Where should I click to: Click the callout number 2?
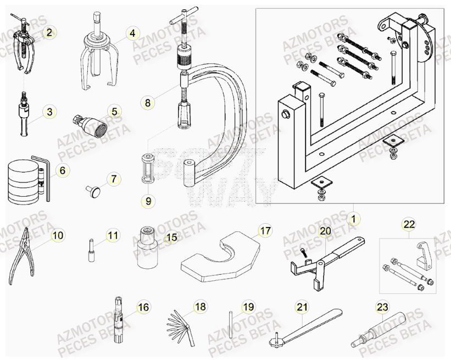pyautogui.click(x=49, y=32)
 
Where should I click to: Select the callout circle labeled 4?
pyautogui.click(x=132, y=34)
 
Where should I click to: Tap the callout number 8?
pyautogui.click(x=147, y=102)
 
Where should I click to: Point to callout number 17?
pyautogui.click(x=265, y=231)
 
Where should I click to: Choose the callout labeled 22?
pyautogui.click(x=409, y=224)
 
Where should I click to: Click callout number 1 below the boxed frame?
pyautogui.click(x=353, y=219)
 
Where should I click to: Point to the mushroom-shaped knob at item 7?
pyautogui.click(x=93, y=191)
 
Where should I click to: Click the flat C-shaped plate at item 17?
pyautogui.click(x=220, y=258)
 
